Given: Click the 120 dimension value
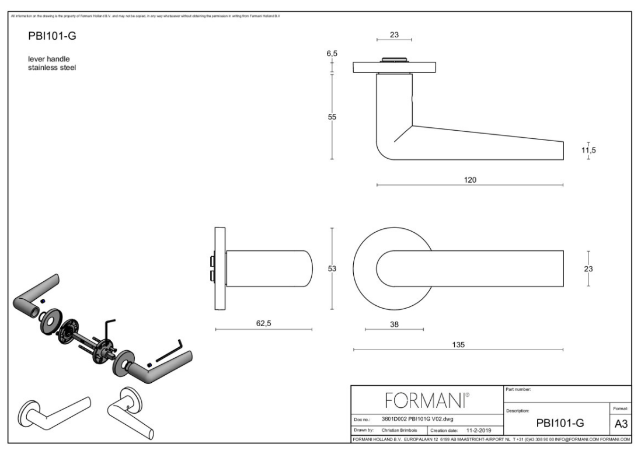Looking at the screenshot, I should pos(470,179).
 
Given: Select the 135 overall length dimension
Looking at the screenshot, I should pos(458,344).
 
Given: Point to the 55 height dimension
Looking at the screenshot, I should pos(332,116).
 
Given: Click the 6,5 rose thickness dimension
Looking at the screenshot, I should pos(332,54).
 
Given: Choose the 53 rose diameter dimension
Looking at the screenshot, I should pos(332,268).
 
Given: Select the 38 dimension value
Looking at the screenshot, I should pos(394,324).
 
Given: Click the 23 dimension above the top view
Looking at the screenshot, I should pos(394,34).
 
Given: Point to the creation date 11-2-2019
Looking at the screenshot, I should pos(481,431).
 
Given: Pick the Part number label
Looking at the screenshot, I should pos(519,389).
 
